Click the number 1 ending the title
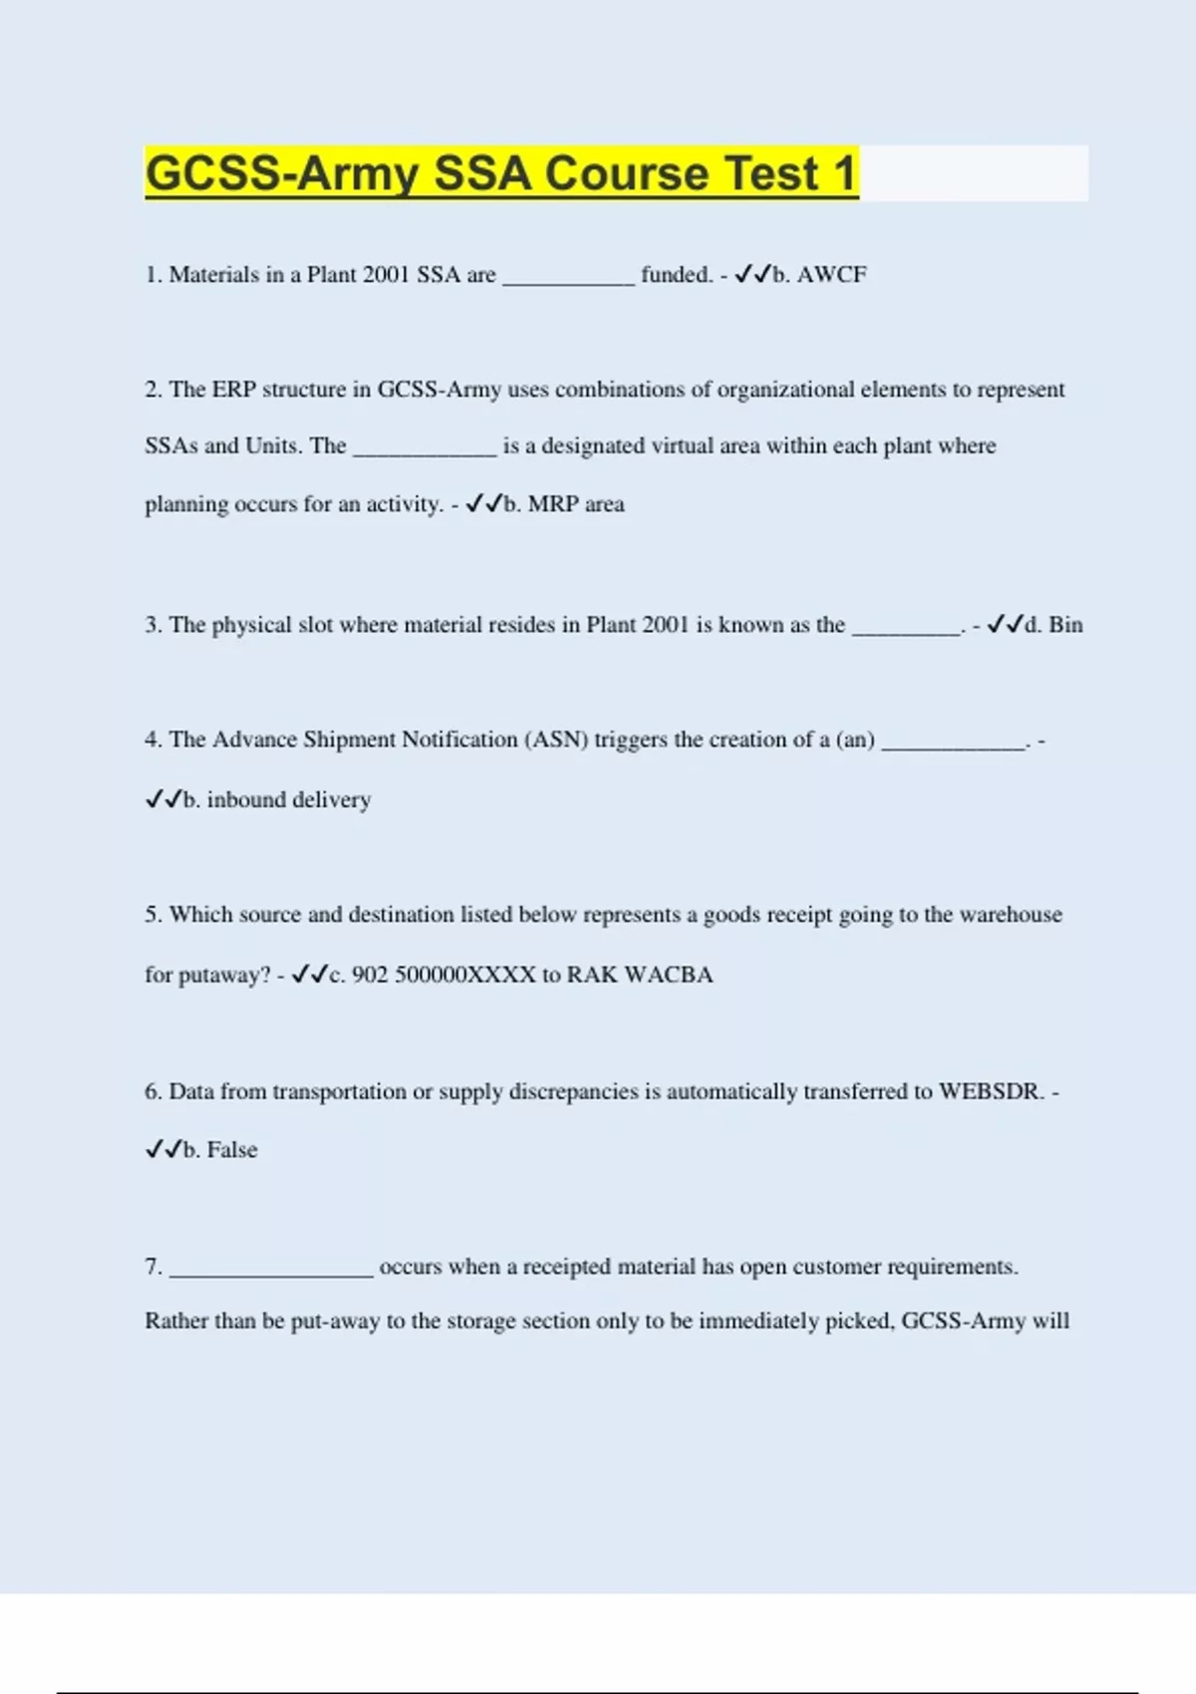coord(845,173)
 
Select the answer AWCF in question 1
coord(831,275)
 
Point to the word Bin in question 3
coord(1065,625)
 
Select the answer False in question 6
coord(232,1150)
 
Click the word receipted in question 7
coord(567,1267)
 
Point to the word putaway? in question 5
coord(224,976)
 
